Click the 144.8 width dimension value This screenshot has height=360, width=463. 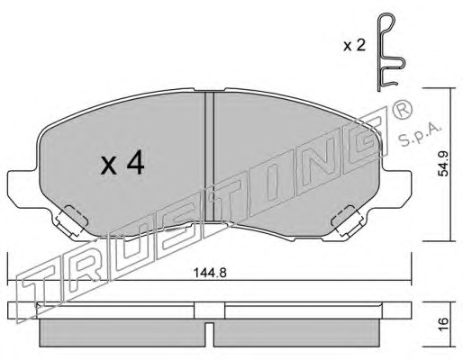click(x=210, y=273)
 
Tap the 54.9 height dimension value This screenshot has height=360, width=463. click(x=444, y=164)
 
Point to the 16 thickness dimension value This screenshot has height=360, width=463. click(x=444, y=324)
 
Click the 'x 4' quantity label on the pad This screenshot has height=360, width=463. click(x=123, y=164)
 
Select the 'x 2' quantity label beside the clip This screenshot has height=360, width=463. click(x=354, y=46)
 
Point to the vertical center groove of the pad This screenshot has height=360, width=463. click(x=209, y=157)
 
